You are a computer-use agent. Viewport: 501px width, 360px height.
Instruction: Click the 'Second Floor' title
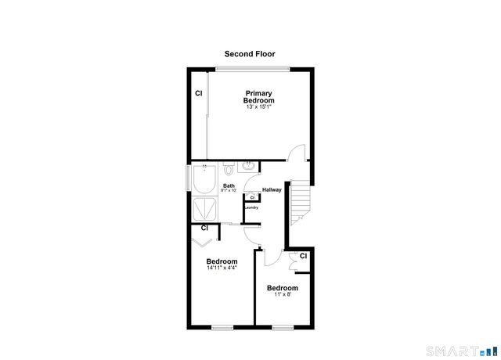[x=250, y=54]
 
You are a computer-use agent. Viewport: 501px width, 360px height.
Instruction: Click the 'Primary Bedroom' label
[x=258, y=97]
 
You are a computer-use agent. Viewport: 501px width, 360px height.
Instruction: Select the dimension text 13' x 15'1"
[x=258, y=106]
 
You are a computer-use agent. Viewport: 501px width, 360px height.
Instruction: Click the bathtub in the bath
[x=205, y=181]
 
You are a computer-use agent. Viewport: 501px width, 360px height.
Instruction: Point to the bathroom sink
[x=248, y=165]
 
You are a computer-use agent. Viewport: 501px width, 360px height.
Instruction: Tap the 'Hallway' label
[x=272, y=189]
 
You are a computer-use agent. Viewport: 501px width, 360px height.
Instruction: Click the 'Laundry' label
[x=251, y=207]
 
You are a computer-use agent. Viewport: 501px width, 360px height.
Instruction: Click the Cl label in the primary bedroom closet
[x=199, y=94]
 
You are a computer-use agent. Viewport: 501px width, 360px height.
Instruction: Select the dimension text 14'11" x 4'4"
[x=222, y=268]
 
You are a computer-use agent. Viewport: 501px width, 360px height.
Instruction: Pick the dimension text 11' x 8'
[x=281, y=294]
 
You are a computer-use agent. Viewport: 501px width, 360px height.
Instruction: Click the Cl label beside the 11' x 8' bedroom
[x=302, y=256]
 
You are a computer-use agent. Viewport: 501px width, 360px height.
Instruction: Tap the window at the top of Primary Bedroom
[x=252, y=70]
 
